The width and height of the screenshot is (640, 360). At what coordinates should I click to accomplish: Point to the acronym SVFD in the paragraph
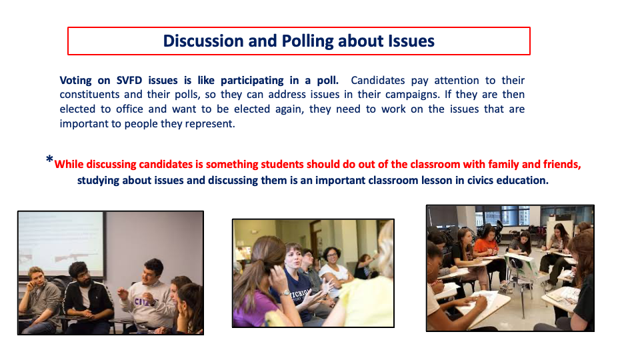(129, 81)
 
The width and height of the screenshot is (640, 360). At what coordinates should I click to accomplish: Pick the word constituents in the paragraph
(89, 95)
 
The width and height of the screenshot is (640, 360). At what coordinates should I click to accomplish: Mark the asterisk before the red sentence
(49, 159)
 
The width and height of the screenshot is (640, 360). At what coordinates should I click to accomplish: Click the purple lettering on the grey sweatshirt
(143, 302)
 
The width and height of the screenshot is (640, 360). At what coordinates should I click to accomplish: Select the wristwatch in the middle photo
(285, 293)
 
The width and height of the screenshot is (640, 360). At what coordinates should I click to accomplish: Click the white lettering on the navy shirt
(300, 295)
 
